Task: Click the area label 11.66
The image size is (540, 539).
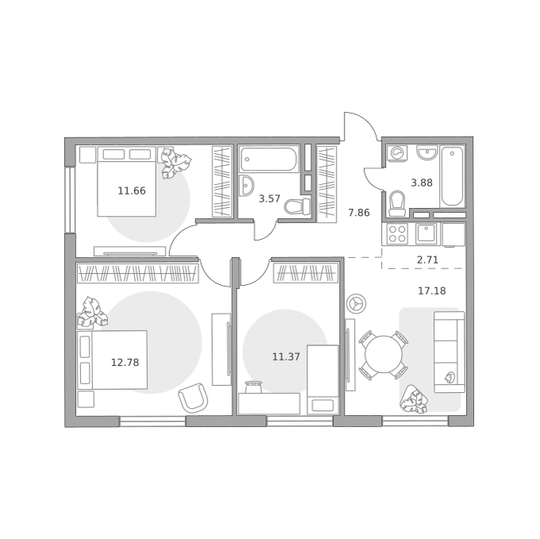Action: click(x=132, y=191)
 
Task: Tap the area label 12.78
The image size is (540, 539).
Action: click(x=125, y=363)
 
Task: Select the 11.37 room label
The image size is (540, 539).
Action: click(x=286, y=357)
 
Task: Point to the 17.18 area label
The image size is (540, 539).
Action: click(x=432, y=291)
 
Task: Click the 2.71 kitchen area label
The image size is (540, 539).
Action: click(x=427, y=260)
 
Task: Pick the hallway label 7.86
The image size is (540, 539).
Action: click(x=359, y=213)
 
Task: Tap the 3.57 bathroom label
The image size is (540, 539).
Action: click(x=269, y=198)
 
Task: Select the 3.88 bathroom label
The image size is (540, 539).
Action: click(x=422, y=183)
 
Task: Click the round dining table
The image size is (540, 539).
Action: click(x=384, y=355)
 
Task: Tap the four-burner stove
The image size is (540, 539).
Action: click(x=397, y=234)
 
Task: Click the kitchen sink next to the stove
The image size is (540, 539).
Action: click(x=426, y=234)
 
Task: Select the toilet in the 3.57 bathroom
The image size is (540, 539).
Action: click(x=297, y=206)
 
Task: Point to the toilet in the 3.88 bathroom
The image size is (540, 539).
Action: click(x=397, y=203)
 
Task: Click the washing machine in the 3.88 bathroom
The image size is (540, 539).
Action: click(x=397, y=153)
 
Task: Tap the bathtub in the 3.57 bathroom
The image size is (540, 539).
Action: click(x=269, y=159)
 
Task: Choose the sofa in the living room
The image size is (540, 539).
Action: click(x=449, y=352)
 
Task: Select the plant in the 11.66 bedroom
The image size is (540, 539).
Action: click(x=175, y=163)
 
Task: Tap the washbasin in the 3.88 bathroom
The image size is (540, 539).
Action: click(x=427, y=152)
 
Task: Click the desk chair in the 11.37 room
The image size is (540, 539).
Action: click(x=253, y=387)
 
